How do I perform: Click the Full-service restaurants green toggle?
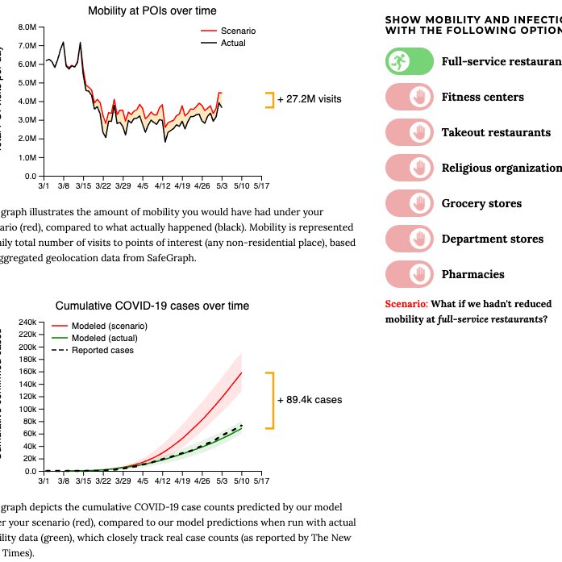point(408,61)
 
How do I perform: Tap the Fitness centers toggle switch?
point(408,97)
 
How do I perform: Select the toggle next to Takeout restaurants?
point(408,132)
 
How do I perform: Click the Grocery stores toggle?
point(408,203)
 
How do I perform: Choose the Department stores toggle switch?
point(408,239)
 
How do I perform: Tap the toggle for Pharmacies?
point(408,274)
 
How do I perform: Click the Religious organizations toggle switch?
point(408,168)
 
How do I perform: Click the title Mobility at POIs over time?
point(152,10)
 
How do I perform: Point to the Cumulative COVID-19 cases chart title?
point(152,306)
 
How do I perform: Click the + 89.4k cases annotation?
point(310,399)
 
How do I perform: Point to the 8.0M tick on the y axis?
point(27,27)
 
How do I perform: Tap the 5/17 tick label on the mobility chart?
point(262,185)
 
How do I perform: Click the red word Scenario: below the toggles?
point(407,304)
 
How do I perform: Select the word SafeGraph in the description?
point(170,258)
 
